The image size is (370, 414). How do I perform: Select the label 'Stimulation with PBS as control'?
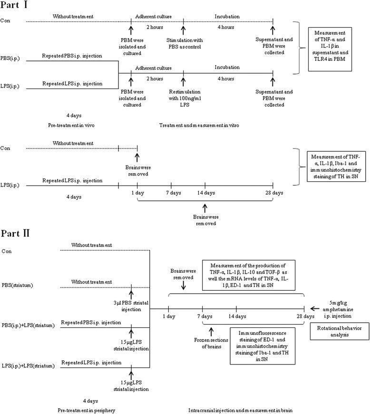coord(184,46)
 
